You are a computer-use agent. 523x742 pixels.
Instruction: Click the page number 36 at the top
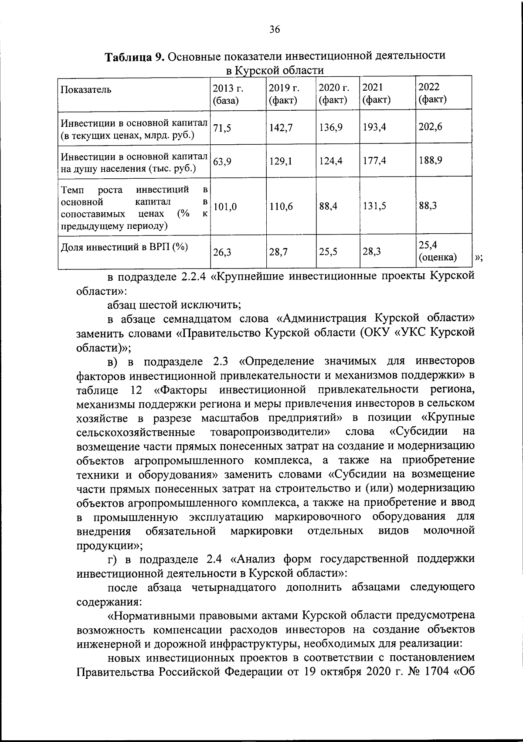click(x=274, y=30)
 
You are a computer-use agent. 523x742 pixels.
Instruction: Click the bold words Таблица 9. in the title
click(x=135, y=57)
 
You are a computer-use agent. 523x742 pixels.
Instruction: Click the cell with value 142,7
click(x=281, y=127)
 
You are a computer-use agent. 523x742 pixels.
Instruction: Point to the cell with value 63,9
click(x=222, y=161)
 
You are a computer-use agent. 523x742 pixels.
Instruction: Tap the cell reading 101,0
click(x=225, y=207)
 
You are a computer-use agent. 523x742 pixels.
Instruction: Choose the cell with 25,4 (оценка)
click(x=437, y=252)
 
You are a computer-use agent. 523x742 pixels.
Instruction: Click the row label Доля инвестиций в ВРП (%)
click(x=124, y=247)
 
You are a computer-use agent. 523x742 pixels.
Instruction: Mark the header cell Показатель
click(x=86, y=90)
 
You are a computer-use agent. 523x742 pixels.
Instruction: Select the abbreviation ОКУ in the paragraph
click(x=376, y=332)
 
